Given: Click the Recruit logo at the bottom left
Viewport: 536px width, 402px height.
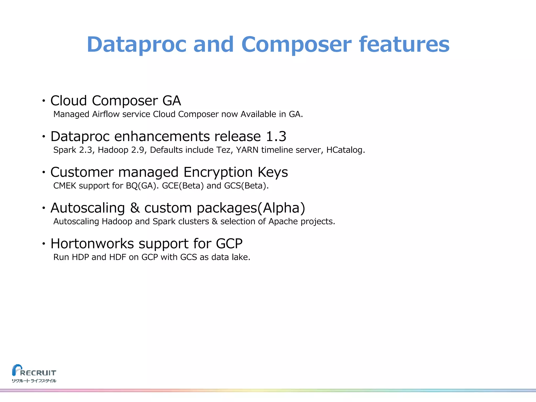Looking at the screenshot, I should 34,371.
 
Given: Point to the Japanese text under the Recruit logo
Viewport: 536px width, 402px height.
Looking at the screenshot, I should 34,381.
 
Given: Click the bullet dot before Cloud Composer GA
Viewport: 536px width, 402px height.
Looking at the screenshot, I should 44,100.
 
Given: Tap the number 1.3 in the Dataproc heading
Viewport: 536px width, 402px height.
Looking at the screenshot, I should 276,136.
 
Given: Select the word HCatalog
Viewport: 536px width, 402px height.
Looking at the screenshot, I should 345,150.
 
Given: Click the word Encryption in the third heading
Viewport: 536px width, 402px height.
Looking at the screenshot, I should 218,172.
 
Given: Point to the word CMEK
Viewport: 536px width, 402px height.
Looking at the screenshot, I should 65,186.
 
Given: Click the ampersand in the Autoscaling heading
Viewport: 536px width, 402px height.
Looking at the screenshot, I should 135,208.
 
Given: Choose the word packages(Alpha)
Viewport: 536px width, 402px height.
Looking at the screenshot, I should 251,208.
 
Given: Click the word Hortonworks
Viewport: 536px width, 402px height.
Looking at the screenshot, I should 92,244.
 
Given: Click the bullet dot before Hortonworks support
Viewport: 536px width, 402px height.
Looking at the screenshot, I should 44,244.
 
